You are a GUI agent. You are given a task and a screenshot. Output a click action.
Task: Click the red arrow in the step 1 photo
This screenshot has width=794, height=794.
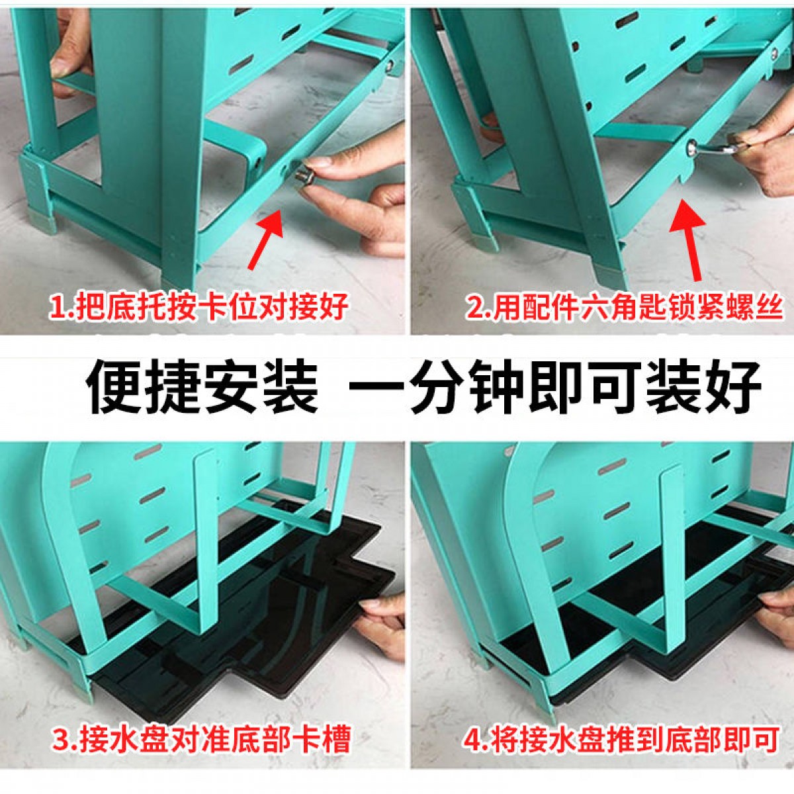pos(266,239)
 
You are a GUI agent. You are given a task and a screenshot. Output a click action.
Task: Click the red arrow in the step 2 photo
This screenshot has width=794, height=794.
pos(687,240)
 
